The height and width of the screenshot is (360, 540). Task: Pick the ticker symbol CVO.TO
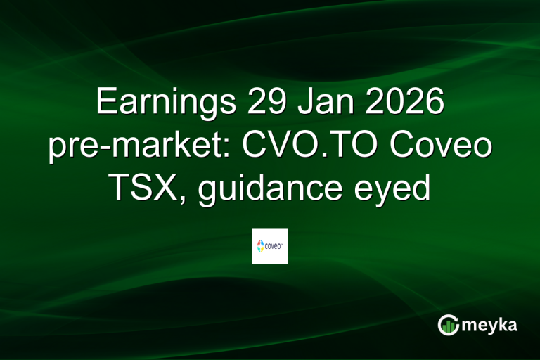point(299,146)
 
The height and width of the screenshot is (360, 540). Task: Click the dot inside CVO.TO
point(323,155)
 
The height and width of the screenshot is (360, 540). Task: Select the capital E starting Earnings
point(105,103)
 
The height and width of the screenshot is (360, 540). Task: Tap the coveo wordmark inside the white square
point(274,246)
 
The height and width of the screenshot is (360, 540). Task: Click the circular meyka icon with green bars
point(449,325)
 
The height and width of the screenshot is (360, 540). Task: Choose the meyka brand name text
point(491,325)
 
